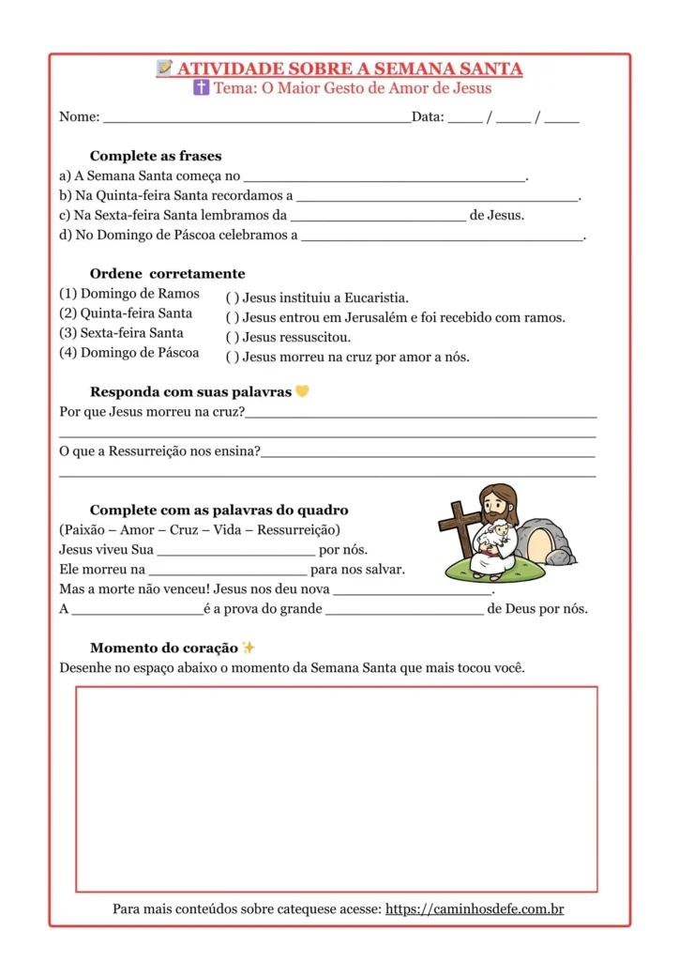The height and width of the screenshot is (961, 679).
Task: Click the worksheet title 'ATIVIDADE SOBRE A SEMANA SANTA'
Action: [x=350, y=69]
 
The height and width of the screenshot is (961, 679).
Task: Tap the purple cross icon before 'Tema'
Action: [x=201, y=88]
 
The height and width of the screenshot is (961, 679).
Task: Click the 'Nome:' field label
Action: [x=80, y=117]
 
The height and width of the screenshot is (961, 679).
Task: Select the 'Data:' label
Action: [x=428, y=117]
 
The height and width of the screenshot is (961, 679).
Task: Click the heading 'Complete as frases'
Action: [x=156, y=156]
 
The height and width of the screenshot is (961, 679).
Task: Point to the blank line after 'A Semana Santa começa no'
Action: [x=385, y=176]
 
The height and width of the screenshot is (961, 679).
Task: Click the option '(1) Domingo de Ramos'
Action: [x=129, y=294]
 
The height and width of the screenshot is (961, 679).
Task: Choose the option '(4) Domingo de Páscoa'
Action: [x=129, y=353]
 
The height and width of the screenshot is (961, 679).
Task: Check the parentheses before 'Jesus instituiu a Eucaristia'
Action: [x=232, y=298]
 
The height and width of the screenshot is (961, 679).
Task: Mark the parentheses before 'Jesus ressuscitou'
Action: [x=232, y=338]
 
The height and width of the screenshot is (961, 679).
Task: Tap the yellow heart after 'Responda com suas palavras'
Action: [x=302, y=391]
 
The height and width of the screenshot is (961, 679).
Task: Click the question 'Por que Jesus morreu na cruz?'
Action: [x=152, y=412]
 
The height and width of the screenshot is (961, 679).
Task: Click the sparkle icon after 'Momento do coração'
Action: [x=249, y=648]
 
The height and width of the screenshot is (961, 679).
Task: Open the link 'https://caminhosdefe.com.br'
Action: [x=475, y=909]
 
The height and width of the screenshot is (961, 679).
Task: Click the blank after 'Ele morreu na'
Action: [x=228, y=570]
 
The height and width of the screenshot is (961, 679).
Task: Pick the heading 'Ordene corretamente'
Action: [x=167, y=274]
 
